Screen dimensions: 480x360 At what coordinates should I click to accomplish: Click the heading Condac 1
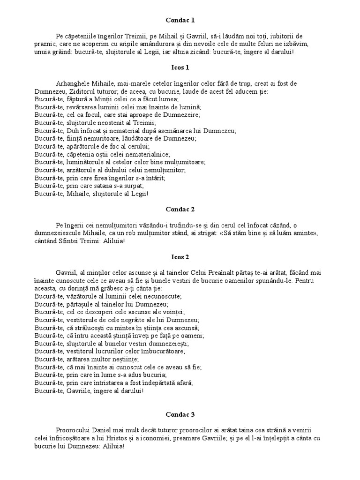pos(180,20)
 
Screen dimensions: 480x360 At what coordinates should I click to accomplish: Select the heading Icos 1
pos(180,67)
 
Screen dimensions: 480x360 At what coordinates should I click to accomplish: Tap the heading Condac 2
pos(180,210)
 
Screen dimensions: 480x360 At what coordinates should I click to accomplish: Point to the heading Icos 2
pos(180,257)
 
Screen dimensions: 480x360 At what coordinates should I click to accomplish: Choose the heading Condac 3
pos(180,415)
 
